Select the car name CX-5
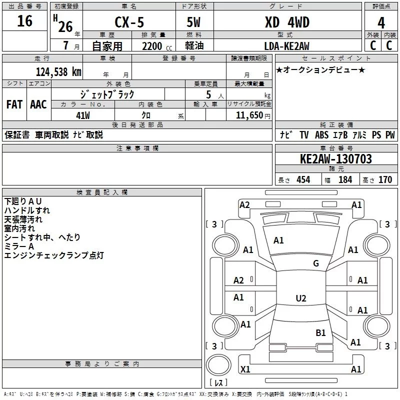(129, 22)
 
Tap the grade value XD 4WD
(287, 22)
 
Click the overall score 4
(381, 22)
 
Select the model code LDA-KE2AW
(287, 46)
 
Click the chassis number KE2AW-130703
(335, 159)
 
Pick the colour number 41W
(82, 115)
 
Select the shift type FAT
(14, 104)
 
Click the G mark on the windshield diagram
(316, 263)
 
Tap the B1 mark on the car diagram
(320, 332)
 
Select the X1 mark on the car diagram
(245, 369)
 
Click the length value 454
(303, 180)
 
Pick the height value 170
(385, 180)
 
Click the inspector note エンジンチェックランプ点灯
(54, 255)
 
